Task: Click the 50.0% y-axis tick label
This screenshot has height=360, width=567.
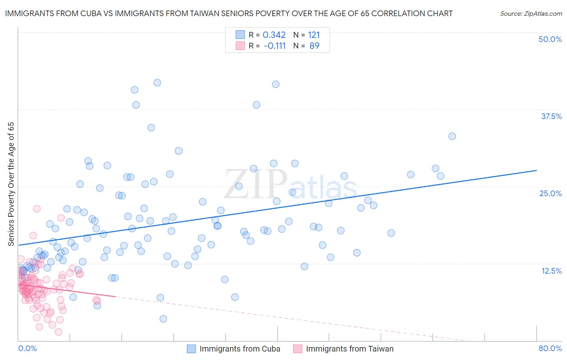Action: (550, 39)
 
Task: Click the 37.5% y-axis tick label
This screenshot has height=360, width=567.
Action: (551, 116)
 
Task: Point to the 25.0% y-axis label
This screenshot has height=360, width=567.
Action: (550, 193)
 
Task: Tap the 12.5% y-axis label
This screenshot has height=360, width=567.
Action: (551, 271)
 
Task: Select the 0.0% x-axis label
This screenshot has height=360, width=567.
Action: (27, 348)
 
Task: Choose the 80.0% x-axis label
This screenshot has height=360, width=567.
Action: (550, 348)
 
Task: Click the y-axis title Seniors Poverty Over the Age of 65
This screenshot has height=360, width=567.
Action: (11, 184)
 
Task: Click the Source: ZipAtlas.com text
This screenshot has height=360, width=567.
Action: (531, 13)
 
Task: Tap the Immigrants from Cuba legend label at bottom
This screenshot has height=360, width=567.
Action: (240, 349)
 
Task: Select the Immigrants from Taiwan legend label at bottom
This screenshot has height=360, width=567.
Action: (350, 349)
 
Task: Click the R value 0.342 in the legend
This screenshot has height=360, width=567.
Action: (274, 35)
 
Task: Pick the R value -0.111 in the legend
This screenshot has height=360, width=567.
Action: (275, 46)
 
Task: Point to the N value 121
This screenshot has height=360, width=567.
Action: (314, 35)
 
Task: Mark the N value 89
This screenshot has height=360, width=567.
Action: (314, 46)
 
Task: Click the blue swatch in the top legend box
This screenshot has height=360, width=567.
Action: (240, 35)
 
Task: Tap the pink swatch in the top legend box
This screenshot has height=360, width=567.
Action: (240, 46)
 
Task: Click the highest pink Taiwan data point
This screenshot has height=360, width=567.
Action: (37, 209)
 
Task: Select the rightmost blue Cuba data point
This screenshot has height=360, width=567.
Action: (452, 136)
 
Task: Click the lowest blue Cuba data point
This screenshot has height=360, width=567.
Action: (163, 319)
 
